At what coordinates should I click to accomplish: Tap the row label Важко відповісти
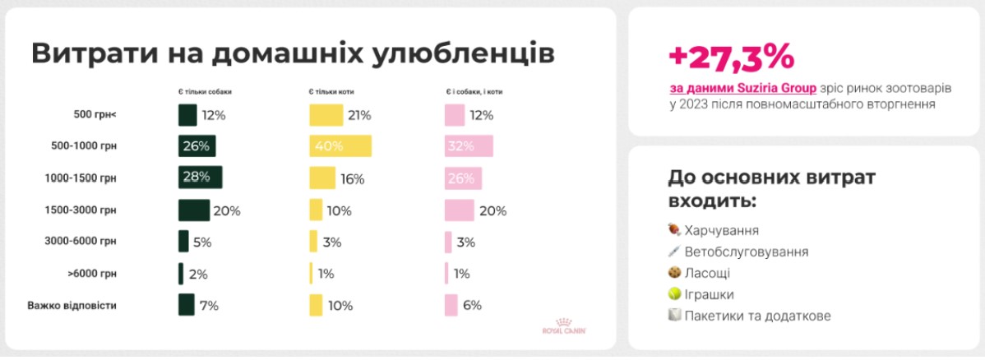[x=72, y=305]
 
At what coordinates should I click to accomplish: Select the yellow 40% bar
[x=340, y=146]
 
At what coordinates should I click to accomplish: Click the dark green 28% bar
[x=200, y=178]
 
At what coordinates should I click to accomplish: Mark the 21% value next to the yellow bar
[x=359, y=115]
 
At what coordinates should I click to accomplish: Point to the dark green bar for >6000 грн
[x=181, y=274]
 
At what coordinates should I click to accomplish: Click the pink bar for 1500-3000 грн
[x=459, y=210]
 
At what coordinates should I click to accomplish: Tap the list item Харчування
[x=721, y=230]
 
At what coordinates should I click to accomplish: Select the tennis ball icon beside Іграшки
[x=674, y=294]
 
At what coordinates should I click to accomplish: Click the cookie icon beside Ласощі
[x=674, y=273]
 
